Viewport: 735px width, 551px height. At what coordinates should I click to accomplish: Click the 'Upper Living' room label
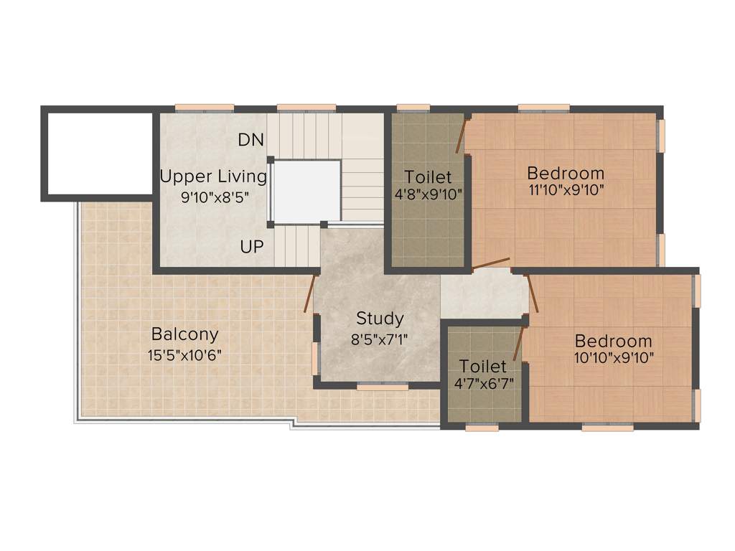[x=213, y=176]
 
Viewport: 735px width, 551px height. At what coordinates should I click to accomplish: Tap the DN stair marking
[x=251, y=140]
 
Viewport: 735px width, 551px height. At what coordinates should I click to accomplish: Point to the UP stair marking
[x=252, y=247]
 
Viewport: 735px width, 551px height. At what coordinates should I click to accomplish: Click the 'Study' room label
[x=380, y=318]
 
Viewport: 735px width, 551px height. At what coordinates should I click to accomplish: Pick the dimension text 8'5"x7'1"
[x=380, y=339]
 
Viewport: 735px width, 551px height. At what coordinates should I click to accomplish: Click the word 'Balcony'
[x=184, y=334]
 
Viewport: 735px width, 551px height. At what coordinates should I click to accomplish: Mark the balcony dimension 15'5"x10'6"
[x=184, y=354]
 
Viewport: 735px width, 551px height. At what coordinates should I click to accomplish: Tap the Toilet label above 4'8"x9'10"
[x=428, y=176]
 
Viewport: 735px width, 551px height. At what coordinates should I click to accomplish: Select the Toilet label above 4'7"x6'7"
[x=483, y=366]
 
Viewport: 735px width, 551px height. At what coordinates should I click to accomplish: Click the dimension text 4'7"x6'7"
[x=483, y=384]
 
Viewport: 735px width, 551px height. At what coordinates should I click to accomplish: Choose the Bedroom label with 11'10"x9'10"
[x=566, y=173]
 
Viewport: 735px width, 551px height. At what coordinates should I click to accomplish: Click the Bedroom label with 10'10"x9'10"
[x=614, y=341]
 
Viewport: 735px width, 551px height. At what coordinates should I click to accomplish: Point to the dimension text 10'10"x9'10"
[x=614, y=358]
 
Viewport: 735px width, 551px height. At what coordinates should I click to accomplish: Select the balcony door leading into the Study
[x=310, y=294]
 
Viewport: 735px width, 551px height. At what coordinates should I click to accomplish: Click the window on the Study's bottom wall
[x=383, y=386]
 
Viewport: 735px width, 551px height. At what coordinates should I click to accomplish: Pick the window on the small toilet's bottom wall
[x=482, y=428]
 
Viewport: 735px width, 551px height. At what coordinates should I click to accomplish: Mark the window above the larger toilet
[x=413, y=108]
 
